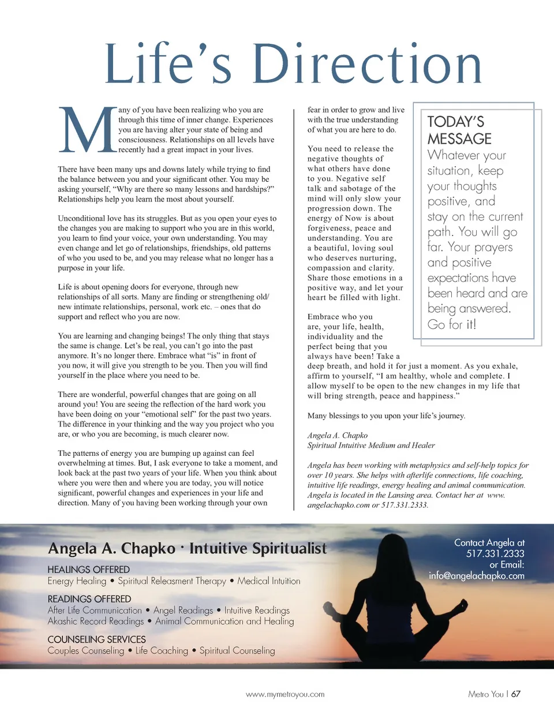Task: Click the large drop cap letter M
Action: [x=88, y=130]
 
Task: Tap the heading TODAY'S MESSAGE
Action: [x=459, y=130]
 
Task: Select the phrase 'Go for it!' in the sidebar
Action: [x=452, y=324]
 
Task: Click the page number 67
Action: [x=516, y=694]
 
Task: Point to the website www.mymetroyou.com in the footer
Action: [x=285, y=694]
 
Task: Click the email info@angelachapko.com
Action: [x=477, y=575]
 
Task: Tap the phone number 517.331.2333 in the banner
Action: [x=495, y=553]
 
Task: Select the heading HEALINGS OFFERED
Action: [x=88, y=570]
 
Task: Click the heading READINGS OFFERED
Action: [x=89, y=599]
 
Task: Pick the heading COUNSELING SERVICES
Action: [x=96, y=639]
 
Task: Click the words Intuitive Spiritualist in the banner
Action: [x=258, y=548]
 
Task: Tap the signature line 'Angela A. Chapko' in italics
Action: [x=338, y=436]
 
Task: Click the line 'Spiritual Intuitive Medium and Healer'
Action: [x=371, y=445]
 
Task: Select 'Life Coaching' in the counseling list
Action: [x=162, y=650]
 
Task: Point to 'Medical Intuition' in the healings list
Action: [x=269, y=581]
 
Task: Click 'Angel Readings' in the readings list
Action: [x=183, y=610]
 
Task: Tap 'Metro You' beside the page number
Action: [x=486, y=694]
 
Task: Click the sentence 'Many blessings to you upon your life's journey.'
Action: [x=386, y=415]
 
